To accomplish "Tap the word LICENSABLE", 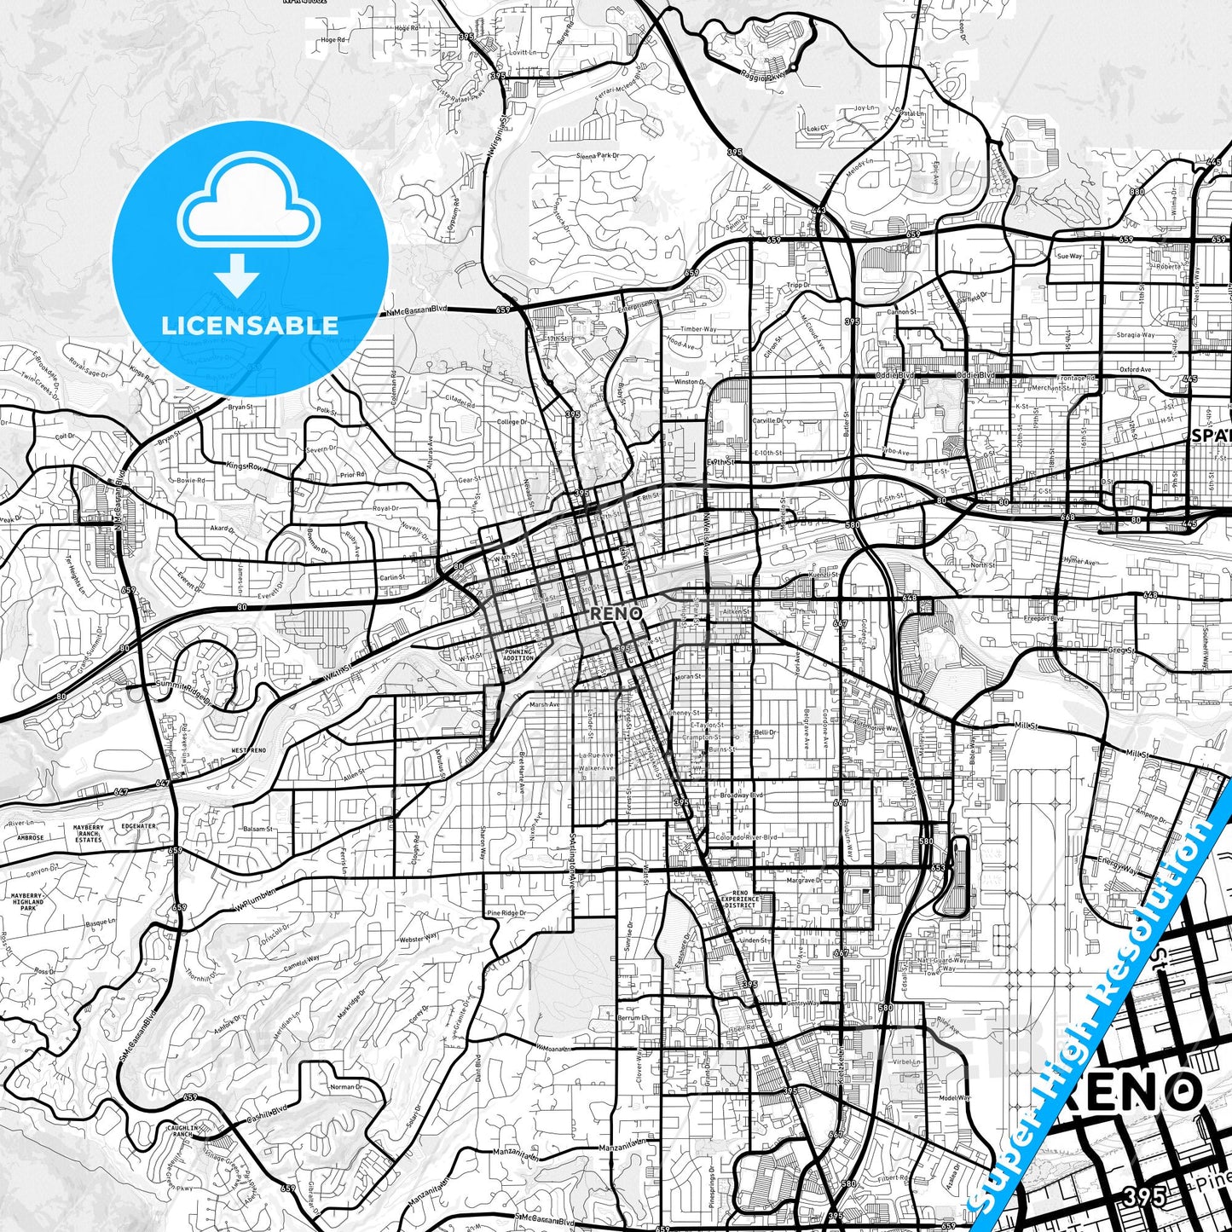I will coord(250,325).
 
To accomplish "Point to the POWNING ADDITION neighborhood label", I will coord(518,655).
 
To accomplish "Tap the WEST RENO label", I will coord(248,750).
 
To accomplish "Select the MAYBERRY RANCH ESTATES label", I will coord(88,833).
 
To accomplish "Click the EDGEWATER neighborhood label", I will coord(138,826).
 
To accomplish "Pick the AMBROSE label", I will coord(30,838).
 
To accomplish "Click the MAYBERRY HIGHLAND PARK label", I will coord(27,902).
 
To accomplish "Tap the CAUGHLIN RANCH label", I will coord(182,1131).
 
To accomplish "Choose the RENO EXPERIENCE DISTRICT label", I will coord(739,899).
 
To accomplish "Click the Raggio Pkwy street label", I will coord(763,75).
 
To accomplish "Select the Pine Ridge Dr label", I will coord(506,913).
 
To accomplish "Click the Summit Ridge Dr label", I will coord(182,688).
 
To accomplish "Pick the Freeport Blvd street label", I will coord(1043,619).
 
